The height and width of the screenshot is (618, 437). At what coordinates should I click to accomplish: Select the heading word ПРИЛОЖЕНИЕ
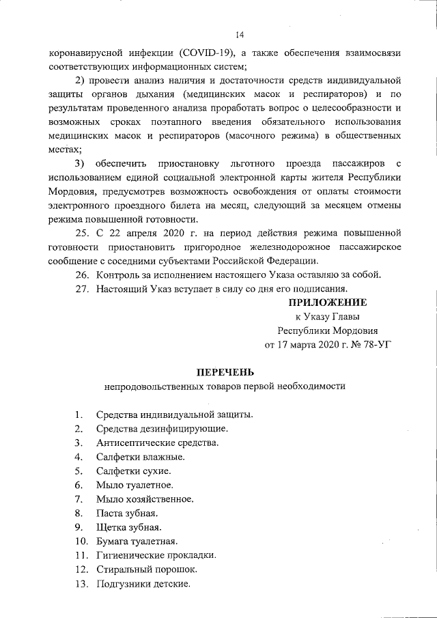pyautogui.click(x=327, y=303)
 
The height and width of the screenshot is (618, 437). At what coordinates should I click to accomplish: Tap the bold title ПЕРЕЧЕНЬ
pyautogui.click(x=225, y=372)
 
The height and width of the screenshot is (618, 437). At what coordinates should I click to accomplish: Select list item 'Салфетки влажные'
pyautogui.click(x=140, y=457)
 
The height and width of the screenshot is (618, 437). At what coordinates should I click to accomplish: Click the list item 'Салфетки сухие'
pyautogui.click(x=133, y=471)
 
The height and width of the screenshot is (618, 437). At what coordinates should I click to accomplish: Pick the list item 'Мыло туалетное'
pyautogui.click(x=135, y=485)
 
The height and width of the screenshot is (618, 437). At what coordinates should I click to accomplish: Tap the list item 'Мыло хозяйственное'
pyautogui.click(x=144, y=499)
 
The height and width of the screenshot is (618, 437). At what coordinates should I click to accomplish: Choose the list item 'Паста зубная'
pyautogui.click(x=127, y=514)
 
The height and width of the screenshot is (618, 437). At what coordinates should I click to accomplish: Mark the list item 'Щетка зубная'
pyautogui.click(x=129, y=528)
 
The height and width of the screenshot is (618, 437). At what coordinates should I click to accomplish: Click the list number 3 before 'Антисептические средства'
pyautogui.click(x=79, y=443)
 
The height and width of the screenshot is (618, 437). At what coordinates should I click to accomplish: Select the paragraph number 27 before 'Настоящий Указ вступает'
pyautogui.click(x=82, y=289)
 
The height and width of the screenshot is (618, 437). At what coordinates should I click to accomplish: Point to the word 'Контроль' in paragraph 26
pyautogui.click(x=119, y=275)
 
